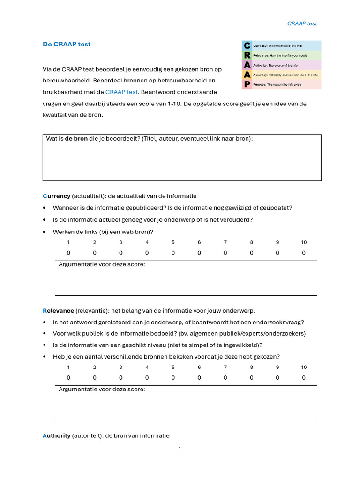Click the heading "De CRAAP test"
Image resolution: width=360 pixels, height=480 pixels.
67,45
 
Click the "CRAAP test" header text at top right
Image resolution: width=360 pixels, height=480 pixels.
302,23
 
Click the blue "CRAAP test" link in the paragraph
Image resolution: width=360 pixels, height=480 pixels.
121,92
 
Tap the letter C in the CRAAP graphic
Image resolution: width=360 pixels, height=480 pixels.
247,46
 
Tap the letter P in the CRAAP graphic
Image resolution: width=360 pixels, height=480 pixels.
247,84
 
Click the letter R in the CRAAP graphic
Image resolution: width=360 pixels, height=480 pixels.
247,56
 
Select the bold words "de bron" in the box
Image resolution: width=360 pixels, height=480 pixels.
76,139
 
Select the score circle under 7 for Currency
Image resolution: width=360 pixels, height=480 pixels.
225,253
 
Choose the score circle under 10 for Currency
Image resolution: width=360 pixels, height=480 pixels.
304,253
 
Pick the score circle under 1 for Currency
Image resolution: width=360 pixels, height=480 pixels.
68,253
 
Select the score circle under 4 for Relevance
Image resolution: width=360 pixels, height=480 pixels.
147,377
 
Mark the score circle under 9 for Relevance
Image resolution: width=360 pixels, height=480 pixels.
277,377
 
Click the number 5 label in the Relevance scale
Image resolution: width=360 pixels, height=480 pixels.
173,367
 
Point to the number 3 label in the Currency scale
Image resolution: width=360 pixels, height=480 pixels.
120,242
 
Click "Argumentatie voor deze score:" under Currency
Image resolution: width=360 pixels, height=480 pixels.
102,264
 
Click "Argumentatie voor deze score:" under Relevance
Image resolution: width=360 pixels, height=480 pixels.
102,389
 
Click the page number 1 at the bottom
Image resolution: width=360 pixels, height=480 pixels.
180,449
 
